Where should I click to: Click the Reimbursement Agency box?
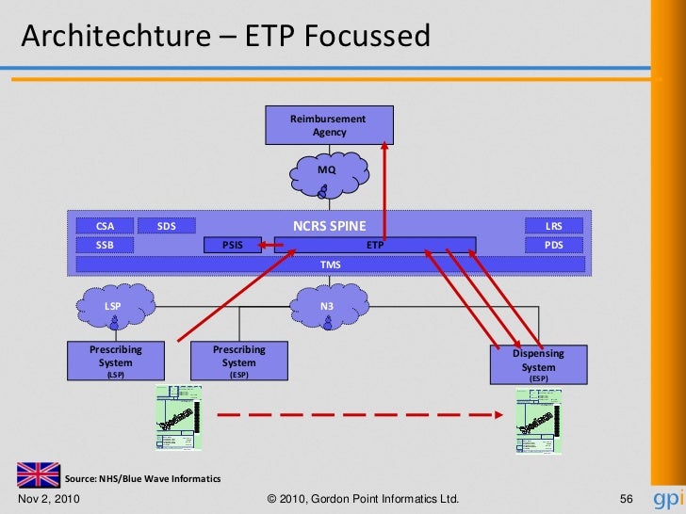[x=329, y=125]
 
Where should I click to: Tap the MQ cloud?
[x=327, y=171]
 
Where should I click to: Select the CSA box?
[x=105, y=226]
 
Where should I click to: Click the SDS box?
[x=166, y=226]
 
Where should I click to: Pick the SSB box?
[x=105, y=245]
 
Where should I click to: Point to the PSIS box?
[x=232, y=245]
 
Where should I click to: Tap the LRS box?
[x=554, y=226]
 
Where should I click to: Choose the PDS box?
[x=554, y=245]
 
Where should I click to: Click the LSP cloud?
[x=114, y=308]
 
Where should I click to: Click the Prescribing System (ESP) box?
[x=238, y=361]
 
